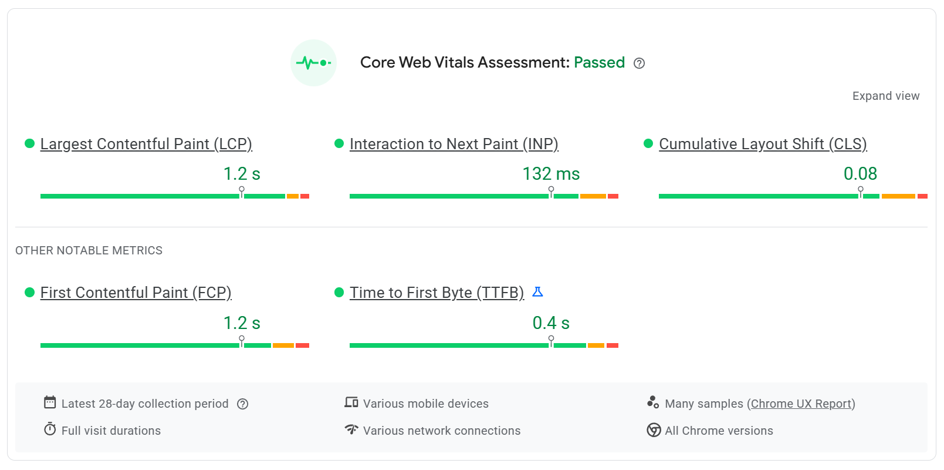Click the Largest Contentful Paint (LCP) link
click(146, 144)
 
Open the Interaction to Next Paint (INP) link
click(454, 144)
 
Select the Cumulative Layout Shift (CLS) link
click(763, 144)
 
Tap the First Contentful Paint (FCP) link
click(136, 293)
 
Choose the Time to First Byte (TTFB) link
click(437, 293)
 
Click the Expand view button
click(885, 96)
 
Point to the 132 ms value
click(551, 174)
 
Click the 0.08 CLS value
click(860, 174)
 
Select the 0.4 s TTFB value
click(551, 323)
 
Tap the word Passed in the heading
click(599, 63)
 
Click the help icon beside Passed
click(640, 63)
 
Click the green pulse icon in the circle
click(313, 63)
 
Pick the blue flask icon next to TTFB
click(537, 292)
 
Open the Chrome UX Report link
click(801, 404)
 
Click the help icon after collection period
click(243, 404)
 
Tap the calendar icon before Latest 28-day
click(50, 402)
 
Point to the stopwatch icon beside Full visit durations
click(50, 429)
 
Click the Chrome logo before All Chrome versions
click(654, 430)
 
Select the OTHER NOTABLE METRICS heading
click(89, 250)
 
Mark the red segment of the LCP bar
click(304, 196)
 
